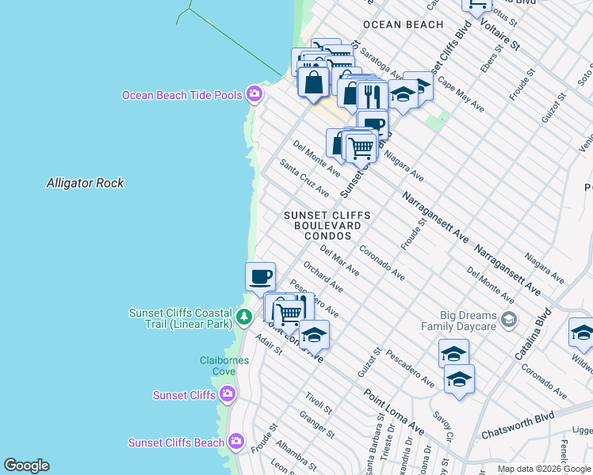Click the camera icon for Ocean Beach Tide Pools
pyautogui.click(x=254, y=94)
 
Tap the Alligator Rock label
pyautogui.click(x=85, y=183)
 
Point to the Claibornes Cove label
pyautogui.click(x=224, y=366)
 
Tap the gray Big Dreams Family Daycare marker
pyautogui.click(x=508, y=319)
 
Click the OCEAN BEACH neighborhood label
pyautogui.click(x=403, y=25)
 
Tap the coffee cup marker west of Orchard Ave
pyautogui.click(x=260, y=278)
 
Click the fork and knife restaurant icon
pyautogui.click(x=371, y=96)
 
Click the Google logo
pyautogui.click(x=26, y=465)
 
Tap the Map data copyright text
pyautogui.click(x=545, y=469)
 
